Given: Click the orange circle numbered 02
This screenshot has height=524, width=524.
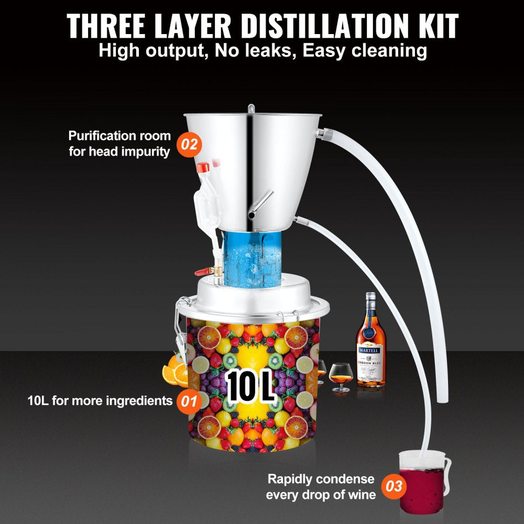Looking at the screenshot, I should [x=190, y=144].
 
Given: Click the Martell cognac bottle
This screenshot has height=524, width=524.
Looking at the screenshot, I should [x=370, y=346].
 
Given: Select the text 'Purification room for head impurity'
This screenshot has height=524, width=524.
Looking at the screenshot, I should [x=119, y=144].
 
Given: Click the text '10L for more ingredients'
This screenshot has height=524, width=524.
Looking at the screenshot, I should [x=100, y=401].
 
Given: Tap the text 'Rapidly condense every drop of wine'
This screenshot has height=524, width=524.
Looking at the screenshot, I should [x=321, y=487].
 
